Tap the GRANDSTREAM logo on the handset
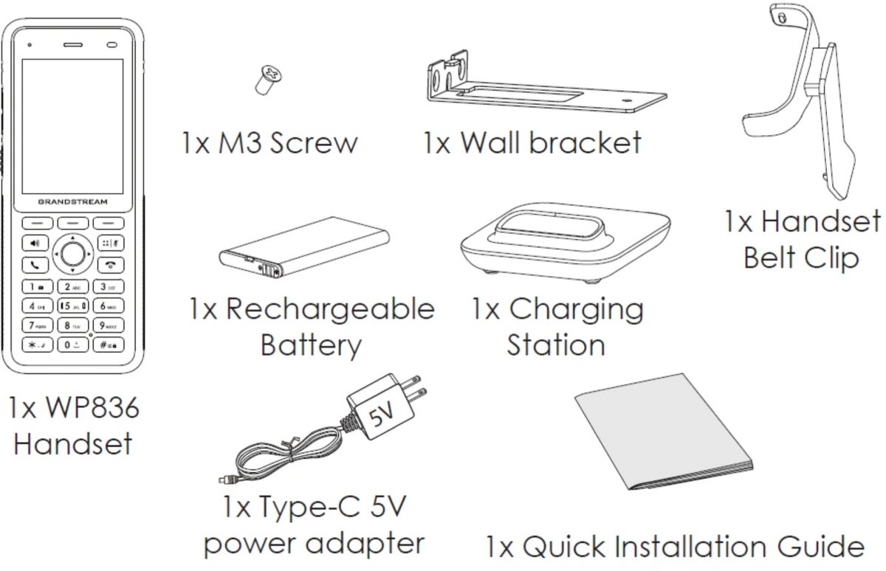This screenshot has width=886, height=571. tap(72, 201)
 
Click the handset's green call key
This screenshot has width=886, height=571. tap(35, 264)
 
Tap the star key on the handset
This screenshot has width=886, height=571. tap(35, 345)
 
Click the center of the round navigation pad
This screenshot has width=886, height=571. tap(72, 253)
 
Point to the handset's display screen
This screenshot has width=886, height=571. tap(72, 125)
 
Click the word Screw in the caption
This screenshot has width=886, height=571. tap(313, 142)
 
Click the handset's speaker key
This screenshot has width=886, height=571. tap(35, 243)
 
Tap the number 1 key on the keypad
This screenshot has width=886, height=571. tap(35, 285)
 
